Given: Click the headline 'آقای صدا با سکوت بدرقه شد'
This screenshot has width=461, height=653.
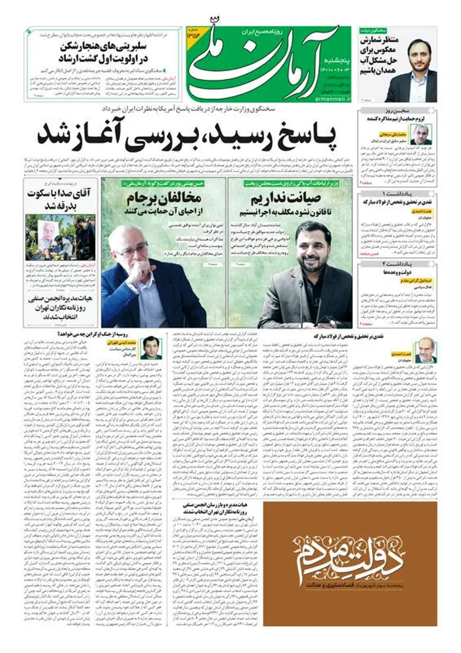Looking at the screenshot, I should click(x=58, y=199).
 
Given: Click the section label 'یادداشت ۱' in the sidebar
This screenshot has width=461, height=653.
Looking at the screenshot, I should click(x=397, y=193).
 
